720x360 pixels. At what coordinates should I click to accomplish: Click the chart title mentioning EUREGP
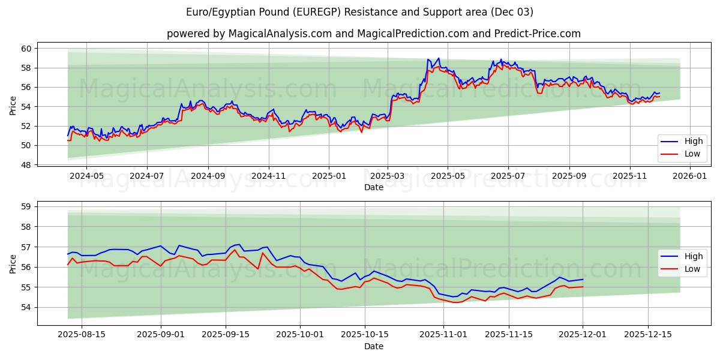point(359,12)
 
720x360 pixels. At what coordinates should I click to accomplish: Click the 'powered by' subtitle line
point(373,34)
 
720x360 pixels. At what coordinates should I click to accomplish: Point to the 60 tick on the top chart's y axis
point(26,48)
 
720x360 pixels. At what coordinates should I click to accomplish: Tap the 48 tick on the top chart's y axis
point(26,164)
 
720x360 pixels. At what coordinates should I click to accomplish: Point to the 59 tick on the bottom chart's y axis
point(26,206)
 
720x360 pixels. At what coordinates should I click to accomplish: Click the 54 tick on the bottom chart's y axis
point(26,307)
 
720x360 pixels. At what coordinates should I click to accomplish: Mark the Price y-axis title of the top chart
point(13,106)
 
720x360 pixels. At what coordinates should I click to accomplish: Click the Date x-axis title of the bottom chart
point(373,346)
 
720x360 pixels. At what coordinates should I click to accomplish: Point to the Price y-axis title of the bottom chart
point(13,264)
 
